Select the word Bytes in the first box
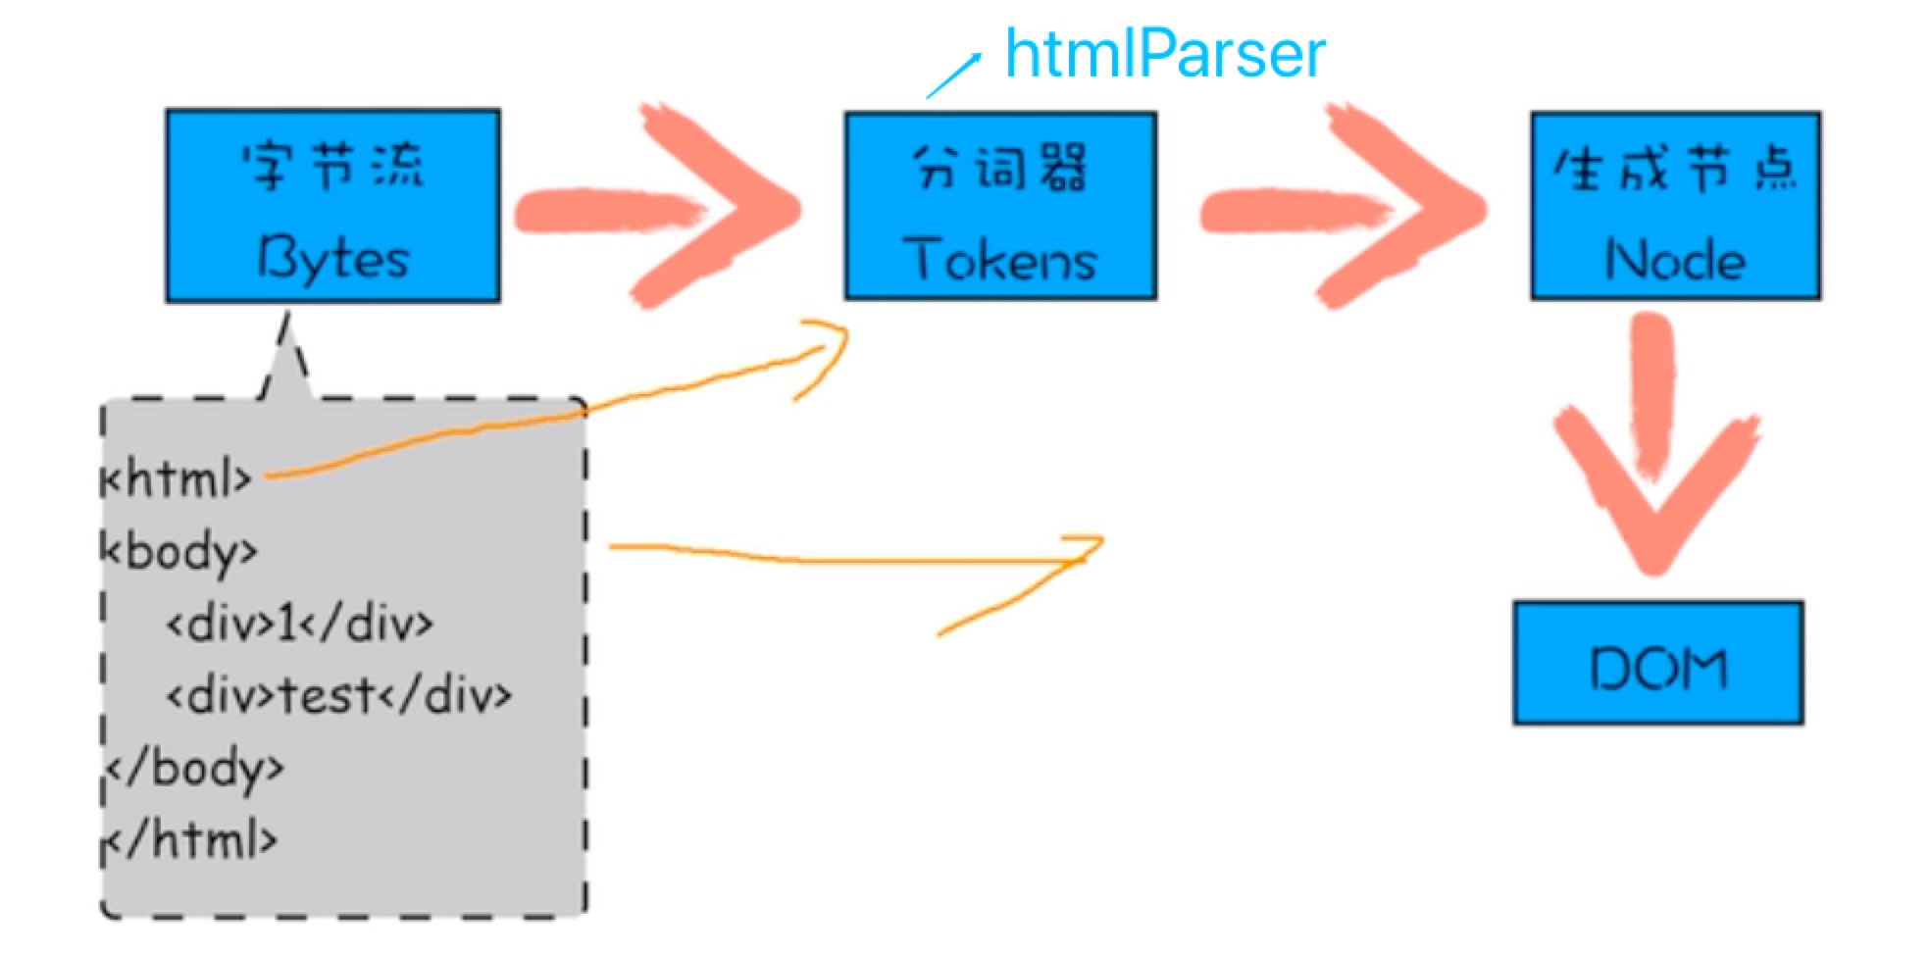[x=333, y=259]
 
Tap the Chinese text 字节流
[x=333, y=166]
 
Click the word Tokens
[x=1000, y=260]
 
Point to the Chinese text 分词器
[x=1000, y=168]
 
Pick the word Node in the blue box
[x=1675, y=260]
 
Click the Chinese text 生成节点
[x=1675, y=170]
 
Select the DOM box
[x=1658, y=663]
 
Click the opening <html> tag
[x=177, y=479]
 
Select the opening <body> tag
[x=179, y=552]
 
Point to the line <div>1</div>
[x=300, y=624]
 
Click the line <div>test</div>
[x=339, y=696]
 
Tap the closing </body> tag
[x=194, y=768]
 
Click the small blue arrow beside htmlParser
[x=953, y=75]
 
